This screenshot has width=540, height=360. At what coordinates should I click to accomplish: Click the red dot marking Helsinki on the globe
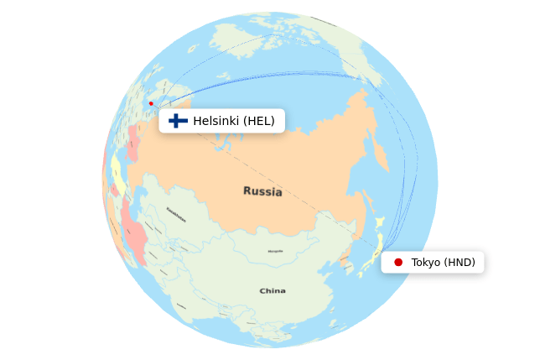point(151,103)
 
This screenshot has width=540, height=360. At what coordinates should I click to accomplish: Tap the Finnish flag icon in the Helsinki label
point(178,121)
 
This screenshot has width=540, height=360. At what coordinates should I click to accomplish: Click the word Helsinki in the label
point(216,121)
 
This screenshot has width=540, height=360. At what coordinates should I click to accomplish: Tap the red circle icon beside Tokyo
point(398,263)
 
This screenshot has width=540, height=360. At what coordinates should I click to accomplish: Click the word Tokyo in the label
point(426,263)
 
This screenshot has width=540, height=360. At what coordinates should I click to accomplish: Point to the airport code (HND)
point(460,263)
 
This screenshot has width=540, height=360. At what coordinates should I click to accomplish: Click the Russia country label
point(262,191)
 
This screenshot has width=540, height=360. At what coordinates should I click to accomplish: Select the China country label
point(272,291)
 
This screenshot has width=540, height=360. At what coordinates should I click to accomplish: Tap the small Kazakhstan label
point(176,214)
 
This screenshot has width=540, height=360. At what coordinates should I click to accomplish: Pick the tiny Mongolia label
point(275,251)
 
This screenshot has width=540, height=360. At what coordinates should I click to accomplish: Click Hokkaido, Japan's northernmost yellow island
point(379,222)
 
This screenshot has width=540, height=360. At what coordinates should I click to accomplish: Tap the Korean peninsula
point(345,260)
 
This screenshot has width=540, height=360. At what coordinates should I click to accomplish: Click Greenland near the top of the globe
point(243,38)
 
